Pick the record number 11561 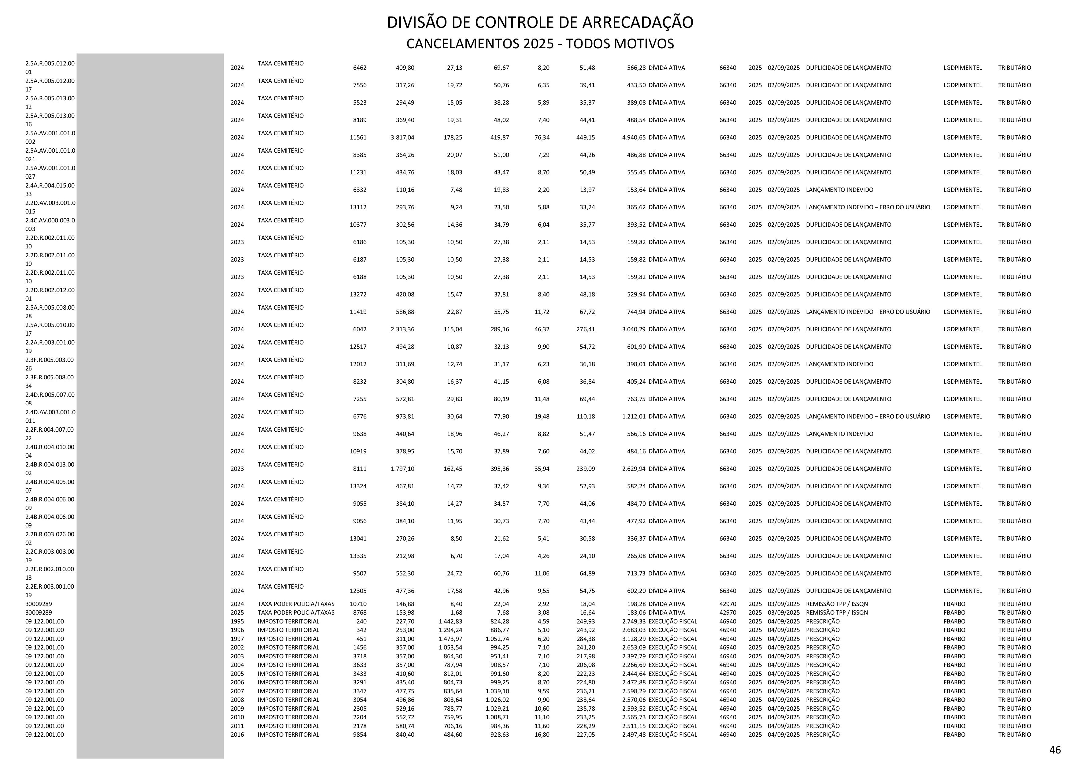(x=358, y=137)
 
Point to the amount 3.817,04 (x=402, y=137)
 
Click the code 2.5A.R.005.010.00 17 (x=50, y=329)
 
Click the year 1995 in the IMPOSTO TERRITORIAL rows (x=237, y=622)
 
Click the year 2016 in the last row (x=237, y=735)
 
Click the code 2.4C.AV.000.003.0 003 (x=50, y=225)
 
